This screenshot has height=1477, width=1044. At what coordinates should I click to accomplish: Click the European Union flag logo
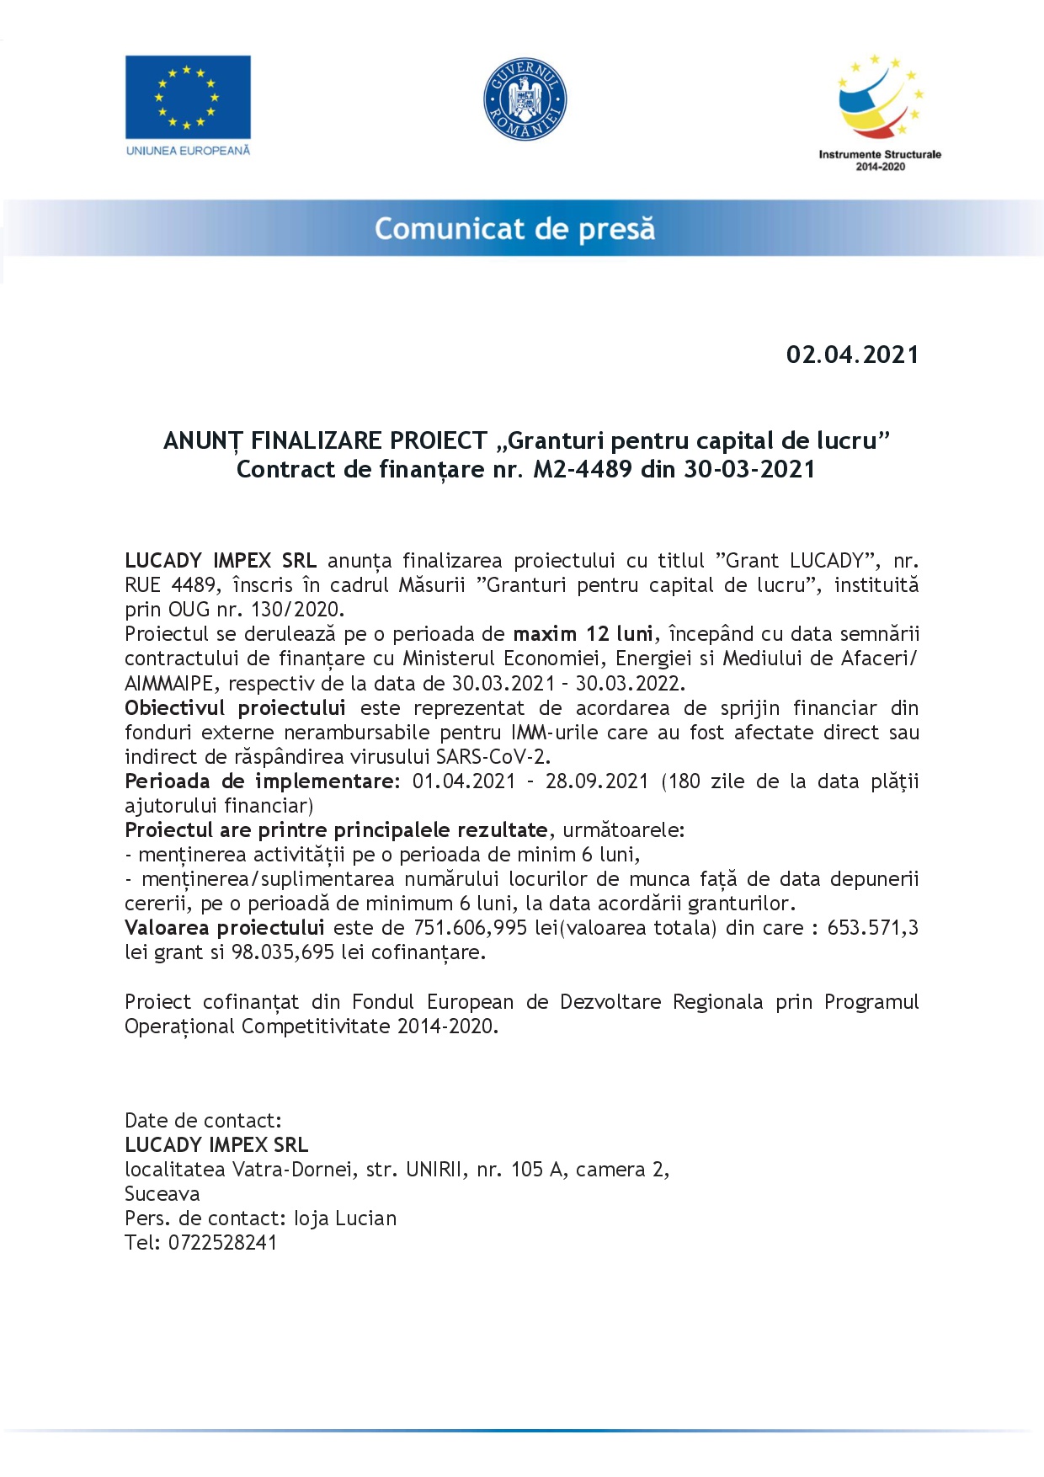(188, 97)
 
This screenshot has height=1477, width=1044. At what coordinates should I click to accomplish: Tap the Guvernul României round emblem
(525, 99)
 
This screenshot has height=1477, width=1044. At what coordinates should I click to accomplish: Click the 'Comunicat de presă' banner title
(514, 229)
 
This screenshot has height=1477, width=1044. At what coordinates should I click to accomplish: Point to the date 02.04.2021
(852, 355)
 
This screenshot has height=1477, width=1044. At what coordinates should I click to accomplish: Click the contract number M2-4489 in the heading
(583, 469)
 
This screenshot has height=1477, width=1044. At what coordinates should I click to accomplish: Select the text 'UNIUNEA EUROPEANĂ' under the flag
(188, 151)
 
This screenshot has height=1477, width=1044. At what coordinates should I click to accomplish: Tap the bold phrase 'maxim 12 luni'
(583, 634)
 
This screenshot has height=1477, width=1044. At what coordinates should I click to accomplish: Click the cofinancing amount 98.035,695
(283, 952)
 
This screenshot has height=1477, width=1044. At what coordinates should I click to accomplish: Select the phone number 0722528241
(222, 1243)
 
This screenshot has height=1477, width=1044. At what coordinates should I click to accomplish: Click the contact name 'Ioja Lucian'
(345, 1218)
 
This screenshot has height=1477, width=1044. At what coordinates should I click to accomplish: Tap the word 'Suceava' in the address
(162, 1194)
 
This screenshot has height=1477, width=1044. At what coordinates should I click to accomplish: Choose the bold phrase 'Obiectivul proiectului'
(235, 708)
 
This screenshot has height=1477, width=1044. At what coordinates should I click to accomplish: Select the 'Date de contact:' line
(203, 1121)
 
